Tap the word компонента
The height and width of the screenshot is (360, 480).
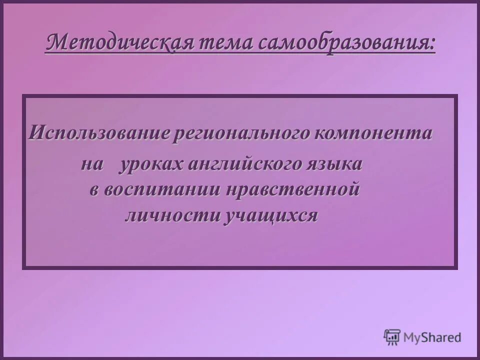coord(374,133)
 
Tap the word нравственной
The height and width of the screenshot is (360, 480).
coord(292,190)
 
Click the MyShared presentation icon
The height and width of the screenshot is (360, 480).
coord(392,336)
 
